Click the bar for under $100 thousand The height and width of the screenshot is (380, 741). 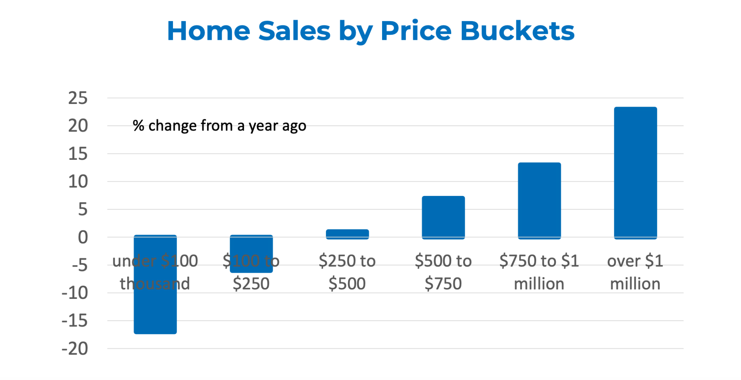click(x=155, y=312)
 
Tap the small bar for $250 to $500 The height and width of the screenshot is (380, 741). click(x=347, y=234)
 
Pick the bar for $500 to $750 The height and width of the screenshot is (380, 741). click(x=443, y=217)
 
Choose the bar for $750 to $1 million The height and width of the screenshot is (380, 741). click(x=539, y=201)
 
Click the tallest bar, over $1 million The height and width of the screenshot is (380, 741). click(x=635, y=173)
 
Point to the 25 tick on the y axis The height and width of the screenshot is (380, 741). click(x=78, y=98)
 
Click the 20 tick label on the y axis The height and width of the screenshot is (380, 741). click(x=78, y=126)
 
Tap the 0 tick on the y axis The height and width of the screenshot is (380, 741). click(x=83, y=238)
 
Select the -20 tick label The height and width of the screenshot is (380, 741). click(x=75, y=349)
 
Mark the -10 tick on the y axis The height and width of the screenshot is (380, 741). click(x=75, y=293)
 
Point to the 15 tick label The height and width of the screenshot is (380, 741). click(x=78, y=154)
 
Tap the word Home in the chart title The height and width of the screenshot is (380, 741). click(x=208, y=31)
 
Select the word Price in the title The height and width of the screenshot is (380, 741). click(x=416, y=31)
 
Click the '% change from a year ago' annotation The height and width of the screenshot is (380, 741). click(x=219, y=126)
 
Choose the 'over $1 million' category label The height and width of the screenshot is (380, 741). click(x=635, y=272)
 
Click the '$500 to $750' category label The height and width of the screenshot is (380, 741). click(x=443, y=272)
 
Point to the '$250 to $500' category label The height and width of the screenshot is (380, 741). click(x=347, y=272)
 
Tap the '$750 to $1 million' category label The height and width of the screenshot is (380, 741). click(x=539, y=272)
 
